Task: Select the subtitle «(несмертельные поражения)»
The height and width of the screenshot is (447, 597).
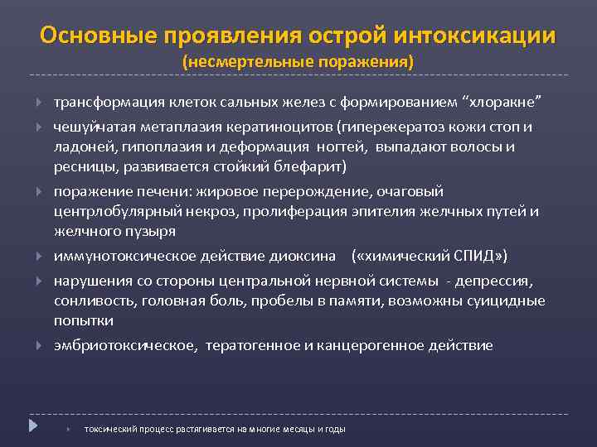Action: click(298, 62)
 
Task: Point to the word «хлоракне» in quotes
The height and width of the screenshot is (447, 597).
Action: click(507, 102)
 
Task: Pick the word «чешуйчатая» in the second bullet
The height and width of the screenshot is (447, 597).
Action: click(91, 127)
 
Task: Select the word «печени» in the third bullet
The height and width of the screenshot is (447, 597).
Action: click(153, 191)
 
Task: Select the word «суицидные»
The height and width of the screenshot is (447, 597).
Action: click(509, 300)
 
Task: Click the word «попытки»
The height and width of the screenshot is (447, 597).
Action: click(83, 320)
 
